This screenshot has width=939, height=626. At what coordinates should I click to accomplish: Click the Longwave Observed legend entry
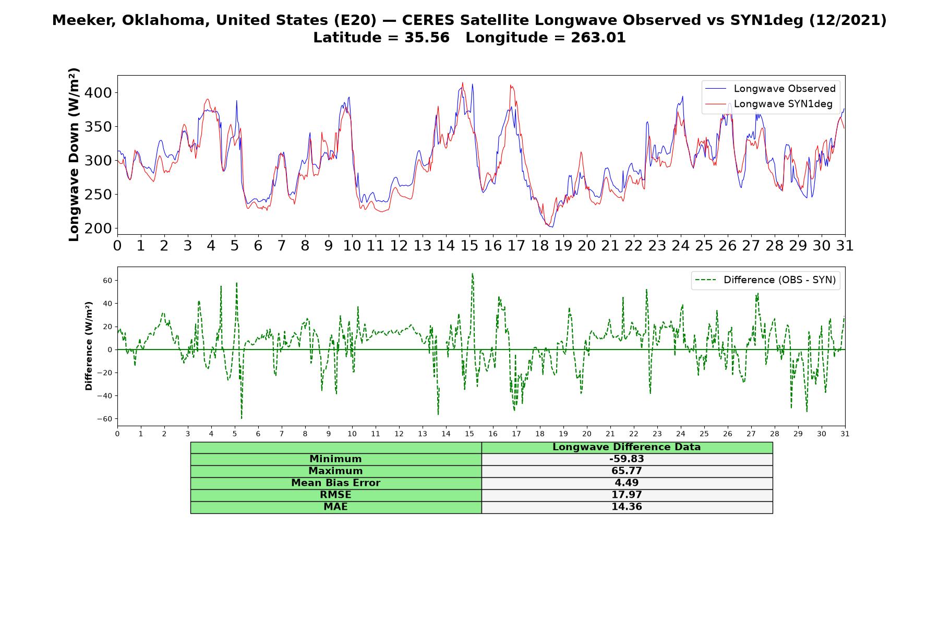[770, 89]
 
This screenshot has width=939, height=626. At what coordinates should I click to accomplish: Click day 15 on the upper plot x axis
[469, 246]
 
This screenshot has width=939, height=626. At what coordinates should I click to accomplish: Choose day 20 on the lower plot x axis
[587, 434]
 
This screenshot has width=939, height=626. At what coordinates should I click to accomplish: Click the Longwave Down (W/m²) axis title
[74, 154]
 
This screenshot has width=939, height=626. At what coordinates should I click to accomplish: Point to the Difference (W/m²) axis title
[89, 346]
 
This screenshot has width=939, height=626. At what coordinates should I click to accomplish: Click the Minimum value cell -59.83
[627, 459]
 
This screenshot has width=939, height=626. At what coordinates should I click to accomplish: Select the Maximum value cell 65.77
[627, 471]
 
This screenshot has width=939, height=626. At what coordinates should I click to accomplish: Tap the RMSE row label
[336, 495]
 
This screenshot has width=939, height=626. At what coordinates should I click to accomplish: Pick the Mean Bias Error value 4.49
[627, 483]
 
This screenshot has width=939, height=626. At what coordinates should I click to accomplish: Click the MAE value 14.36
[627, 507]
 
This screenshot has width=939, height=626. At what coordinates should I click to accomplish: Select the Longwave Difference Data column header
[627, 447]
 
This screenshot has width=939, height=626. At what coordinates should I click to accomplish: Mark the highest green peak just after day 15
[472, 273]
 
